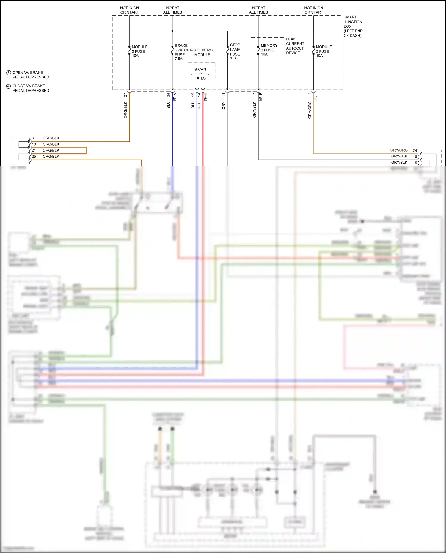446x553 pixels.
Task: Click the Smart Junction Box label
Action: [353, 26]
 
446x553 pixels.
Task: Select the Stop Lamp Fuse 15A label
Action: [235, 51]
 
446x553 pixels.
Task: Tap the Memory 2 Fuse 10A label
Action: [269, 50]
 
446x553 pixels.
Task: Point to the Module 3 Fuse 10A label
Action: [323, 51]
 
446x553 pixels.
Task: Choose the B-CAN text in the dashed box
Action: [200, 69]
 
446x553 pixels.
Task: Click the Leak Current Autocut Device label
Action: [295, 46]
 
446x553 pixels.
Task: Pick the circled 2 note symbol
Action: [9, 86]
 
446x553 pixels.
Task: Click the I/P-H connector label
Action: [205, 97]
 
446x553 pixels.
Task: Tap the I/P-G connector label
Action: [316, 97]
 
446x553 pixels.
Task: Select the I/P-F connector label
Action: [261, 97]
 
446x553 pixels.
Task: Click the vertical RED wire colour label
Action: [199, 105]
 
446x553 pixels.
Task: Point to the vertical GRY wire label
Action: [224, 105]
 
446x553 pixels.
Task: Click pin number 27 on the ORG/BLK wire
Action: [125, 95]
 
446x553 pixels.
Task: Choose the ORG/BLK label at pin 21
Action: [51, 150]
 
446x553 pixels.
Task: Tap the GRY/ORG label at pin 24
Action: [399, 150]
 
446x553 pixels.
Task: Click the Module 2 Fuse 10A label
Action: [139, 51]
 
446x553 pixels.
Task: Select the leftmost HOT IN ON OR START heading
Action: [129, 10]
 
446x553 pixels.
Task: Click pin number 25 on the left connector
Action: [34, 157]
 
